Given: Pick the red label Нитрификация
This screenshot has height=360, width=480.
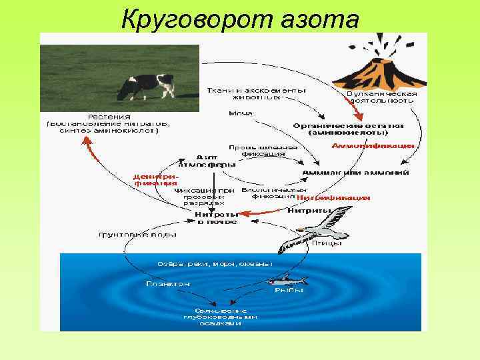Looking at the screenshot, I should (333, 198).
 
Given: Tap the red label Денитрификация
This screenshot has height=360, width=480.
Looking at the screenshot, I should (155, 179).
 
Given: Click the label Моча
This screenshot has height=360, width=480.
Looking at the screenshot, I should (241, 113).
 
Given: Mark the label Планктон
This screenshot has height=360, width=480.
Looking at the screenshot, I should (168, 283).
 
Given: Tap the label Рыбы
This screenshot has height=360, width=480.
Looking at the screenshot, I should (289, 290).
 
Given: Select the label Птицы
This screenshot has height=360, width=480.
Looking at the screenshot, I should (327, 243).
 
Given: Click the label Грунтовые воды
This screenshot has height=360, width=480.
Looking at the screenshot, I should (138, 235).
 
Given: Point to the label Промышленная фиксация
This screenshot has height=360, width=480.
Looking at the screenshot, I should (257, 149).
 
